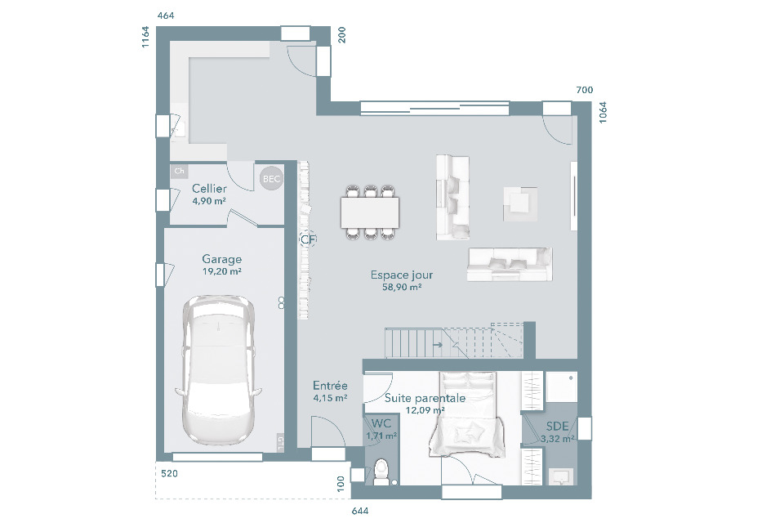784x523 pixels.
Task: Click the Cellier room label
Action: [x=210, y=189]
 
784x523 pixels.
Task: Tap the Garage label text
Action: [x=221, y=259]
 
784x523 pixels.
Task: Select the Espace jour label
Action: [x=402, y=275]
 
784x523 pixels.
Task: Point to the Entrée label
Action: [x=330, y=386]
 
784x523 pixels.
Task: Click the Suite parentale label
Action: [x=425, y=399]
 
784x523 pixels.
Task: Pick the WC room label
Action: [x=381, y=423]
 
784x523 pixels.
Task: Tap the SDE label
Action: [x=557, y=426]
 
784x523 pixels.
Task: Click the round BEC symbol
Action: [x=271, y=179]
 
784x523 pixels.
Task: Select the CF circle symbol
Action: [x=308, y=239]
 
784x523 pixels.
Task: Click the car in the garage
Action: [x=218, y=370]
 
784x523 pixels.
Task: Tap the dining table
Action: [x=370, y=212]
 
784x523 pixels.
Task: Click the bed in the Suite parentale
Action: [x=466, y=414]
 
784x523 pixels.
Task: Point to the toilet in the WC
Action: [x=381, y=472]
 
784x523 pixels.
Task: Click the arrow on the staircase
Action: [x=438, y=344]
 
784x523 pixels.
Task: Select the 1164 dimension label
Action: [x=145, y=37]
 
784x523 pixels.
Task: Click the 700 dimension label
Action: [x=585, y=90]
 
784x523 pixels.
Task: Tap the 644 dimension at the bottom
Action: [x=360, y=511]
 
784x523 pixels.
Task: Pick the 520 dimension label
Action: [x=170, y=473]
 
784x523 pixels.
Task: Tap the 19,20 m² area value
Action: [x=222, y=272]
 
